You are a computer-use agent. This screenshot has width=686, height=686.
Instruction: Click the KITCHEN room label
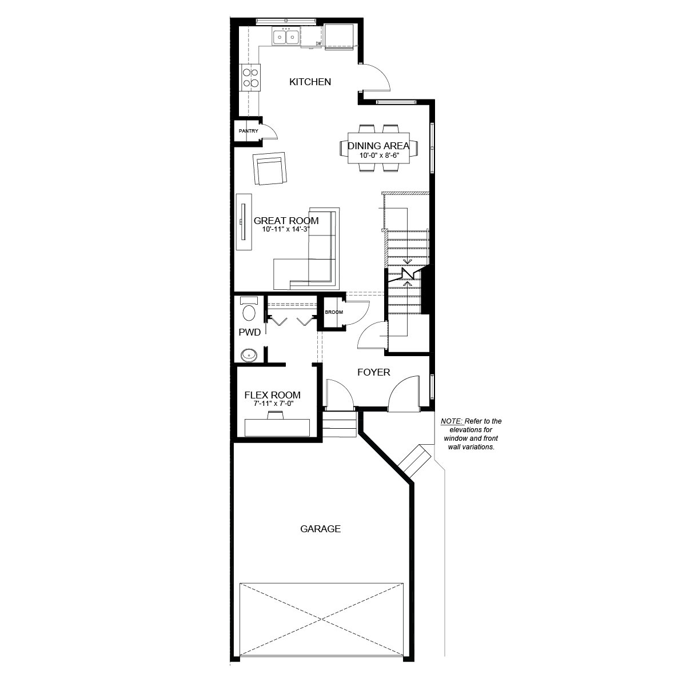coord(310,82)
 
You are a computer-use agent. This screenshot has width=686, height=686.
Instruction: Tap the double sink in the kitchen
coord(285,37)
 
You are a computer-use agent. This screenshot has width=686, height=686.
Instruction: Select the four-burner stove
coord(250,78)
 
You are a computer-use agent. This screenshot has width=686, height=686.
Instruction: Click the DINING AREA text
coord(378,146)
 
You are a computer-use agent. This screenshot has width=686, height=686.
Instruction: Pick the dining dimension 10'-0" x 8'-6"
coord(378,155)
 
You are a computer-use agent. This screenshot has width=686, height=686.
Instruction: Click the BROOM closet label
coord(333,313)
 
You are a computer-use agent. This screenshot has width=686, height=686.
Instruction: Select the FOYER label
coord(373,373)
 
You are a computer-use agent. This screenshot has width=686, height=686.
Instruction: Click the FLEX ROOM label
coord(272,395)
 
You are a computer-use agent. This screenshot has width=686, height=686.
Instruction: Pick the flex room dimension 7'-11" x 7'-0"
coord(272,404)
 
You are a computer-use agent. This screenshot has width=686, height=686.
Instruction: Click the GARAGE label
coord(320,529)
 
